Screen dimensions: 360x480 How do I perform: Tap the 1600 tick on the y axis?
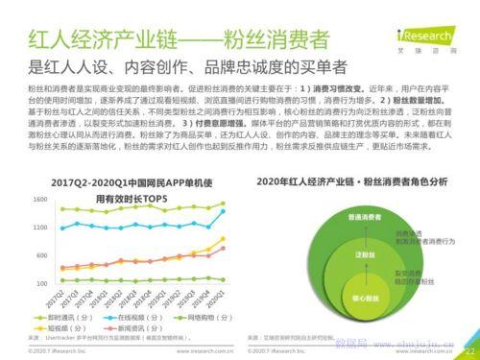tap(14, 199)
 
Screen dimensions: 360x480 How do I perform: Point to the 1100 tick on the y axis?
tap(14, 228)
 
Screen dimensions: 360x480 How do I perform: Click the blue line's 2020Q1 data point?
tap(223, 204)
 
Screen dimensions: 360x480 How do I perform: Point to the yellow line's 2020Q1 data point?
tap(223, 239)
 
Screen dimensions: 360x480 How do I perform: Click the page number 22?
tap(469, 351)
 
